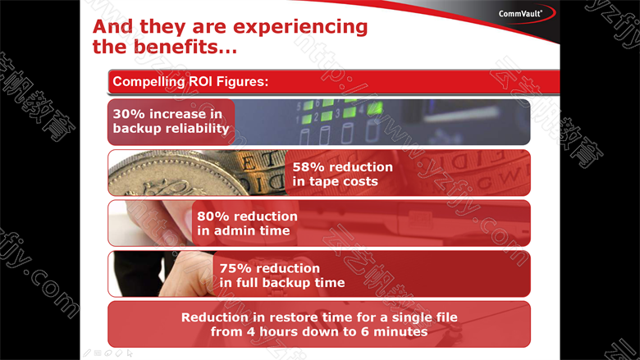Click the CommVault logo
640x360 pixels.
point(520,14)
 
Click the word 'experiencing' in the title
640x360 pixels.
point(300,27)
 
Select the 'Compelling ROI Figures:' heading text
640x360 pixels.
point(190,81)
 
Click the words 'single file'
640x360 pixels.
point(424,317)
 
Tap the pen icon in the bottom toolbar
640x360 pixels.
point(87,353)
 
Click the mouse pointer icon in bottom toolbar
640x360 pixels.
point(130,353)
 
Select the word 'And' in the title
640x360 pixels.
point(113,27)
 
